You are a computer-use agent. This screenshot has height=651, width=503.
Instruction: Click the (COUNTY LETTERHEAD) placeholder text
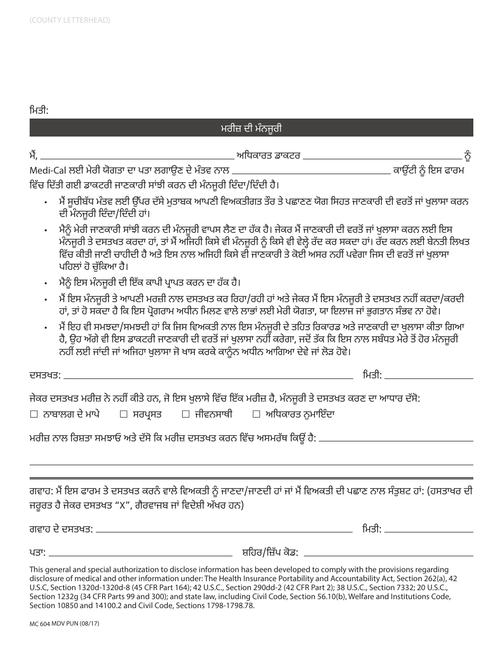point(66,21)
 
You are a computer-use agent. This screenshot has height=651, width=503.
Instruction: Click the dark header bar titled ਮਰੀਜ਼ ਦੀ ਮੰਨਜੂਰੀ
point(251,129)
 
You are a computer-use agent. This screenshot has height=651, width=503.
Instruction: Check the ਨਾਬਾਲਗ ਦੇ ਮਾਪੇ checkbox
point(34,414)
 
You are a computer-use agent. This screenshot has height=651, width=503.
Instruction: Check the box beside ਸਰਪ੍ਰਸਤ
point(123,414)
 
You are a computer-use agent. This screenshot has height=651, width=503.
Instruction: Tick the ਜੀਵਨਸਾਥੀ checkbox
point(185,414)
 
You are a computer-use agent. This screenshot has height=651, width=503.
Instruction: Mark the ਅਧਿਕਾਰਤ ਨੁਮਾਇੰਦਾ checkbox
point(256,414)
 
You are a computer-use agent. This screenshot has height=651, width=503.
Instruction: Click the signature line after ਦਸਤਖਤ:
point(208,376)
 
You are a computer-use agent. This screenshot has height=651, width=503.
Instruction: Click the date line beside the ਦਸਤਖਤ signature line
point(428,376)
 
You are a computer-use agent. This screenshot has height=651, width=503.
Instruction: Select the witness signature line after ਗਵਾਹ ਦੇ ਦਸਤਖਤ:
point(226,530)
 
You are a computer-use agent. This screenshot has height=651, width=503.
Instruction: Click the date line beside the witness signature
point(428,530)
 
